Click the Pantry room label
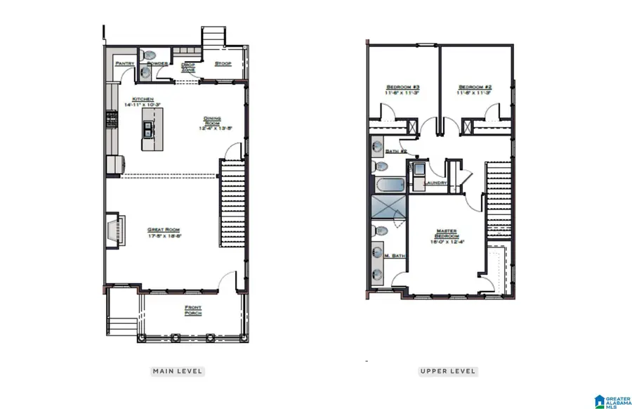[125, 64]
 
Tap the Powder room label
[157, 64]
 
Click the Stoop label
[223, 64]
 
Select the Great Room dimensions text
[164, 237]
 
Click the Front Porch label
[193, 310]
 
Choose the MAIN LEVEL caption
[178, 371]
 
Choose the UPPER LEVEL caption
[448, 371]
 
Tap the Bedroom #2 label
[475, 86]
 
